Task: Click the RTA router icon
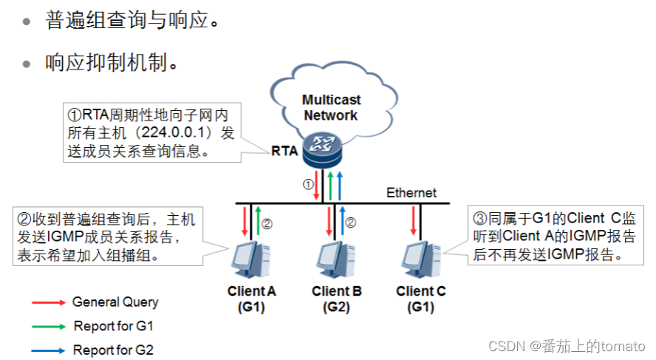pos(322,150)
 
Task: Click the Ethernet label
pos(411,193)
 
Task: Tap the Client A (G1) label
pos(251,299)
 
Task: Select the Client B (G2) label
pos(336,299)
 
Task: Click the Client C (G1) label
pos(421,299)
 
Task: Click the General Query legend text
pos(115,302)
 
